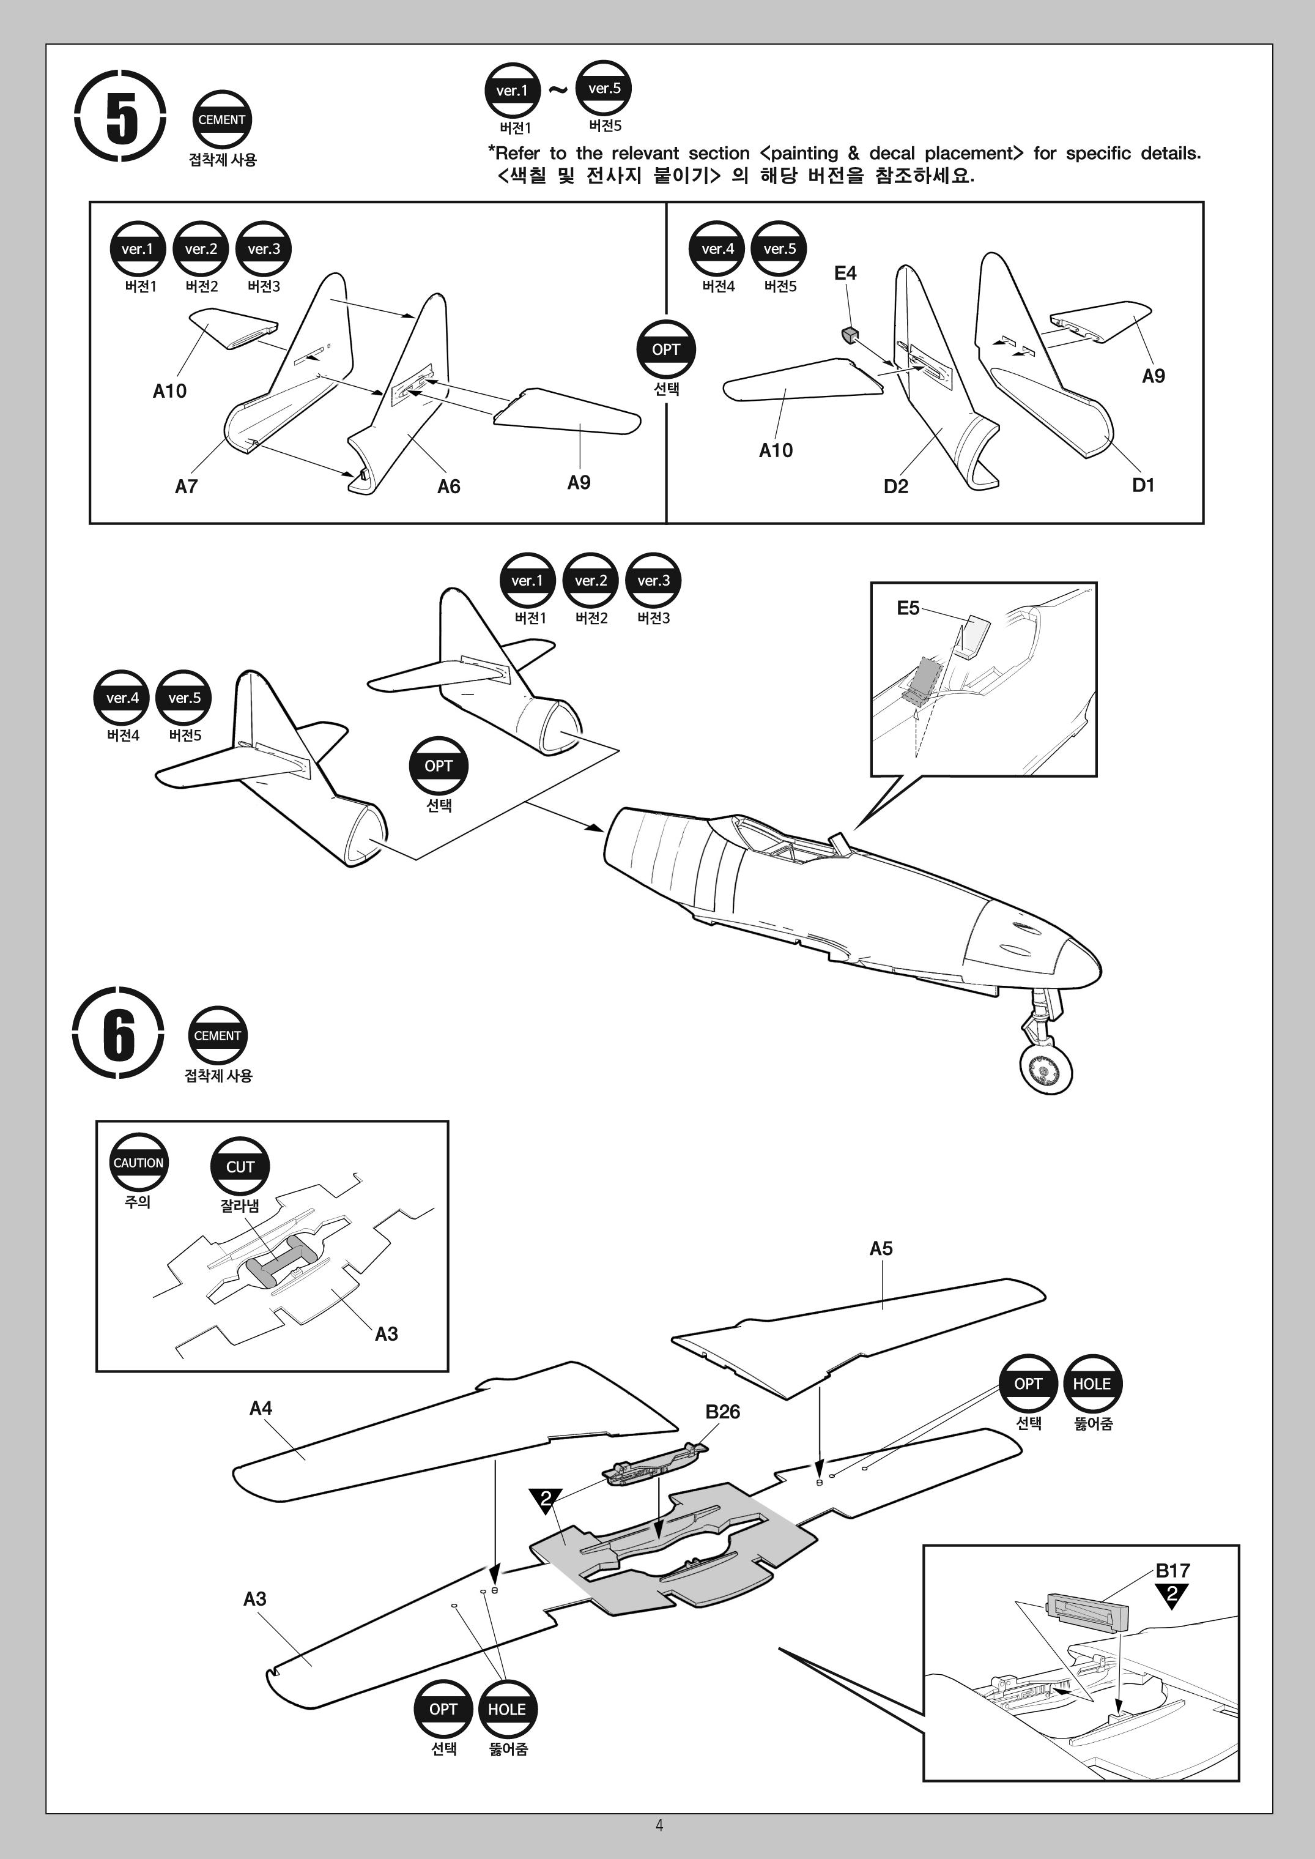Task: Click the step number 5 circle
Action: click(x=120, y=116)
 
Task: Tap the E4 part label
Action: click(x=845, y=273)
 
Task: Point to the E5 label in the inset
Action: click(x=908, y=608)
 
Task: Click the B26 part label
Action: click(x=722, y=1411)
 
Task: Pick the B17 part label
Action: click(x=1172, y=1571)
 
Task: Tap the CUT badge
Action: click(x=240, y=1166)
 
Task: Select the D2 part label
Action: click(x=895, y=486)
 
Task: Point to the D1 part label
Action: click(x=1143, y=485)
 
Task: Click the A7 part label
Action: click(x=186, y=486)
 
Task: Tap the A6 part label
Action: click(x=448, y=486)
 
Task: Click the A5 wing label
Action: click(x=881, y=1248)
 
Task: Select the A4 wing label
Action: click(x=261, y=1408)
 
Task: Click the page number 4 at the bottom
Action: click(x=659, y=1824)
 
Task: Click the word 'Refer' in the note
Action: click(x=517, y=153)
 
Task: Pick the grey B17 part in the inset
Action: click(x=1087, y=1609)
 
